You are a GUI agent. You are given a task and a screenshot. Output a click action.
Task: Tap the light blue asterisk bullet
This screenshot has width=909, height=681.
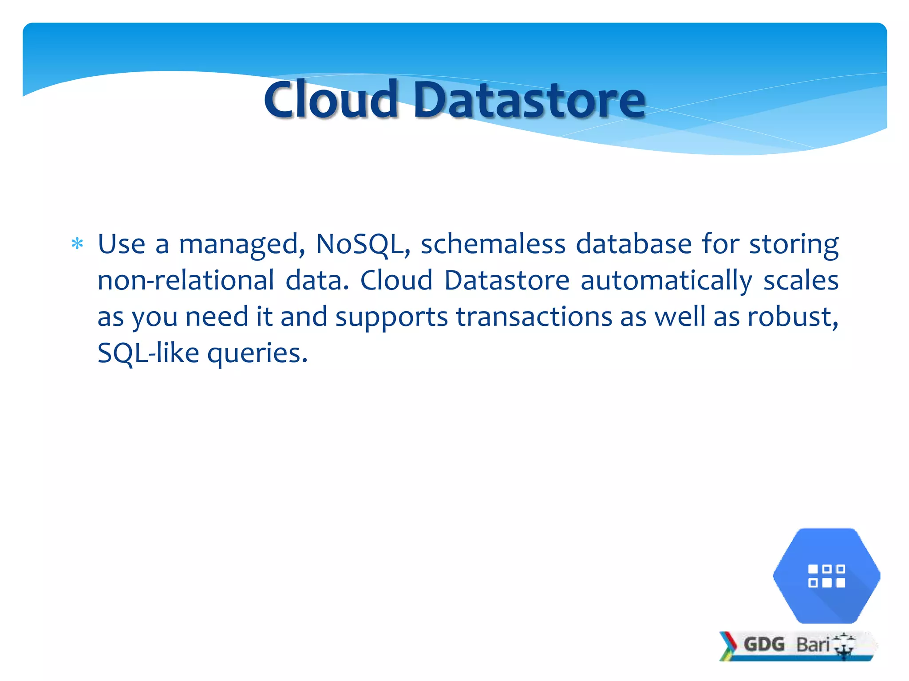coord(77,244)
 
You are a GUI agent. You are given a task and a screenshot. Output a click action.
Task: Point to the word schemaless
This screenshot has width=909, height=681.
coord(493,244)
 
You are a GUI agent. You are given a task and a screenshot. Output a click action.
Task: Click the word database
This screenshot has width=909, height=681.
coord(633,244)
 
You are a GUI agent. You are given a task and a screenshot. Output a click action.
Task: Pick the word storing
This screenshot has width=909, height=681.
coord(794,245)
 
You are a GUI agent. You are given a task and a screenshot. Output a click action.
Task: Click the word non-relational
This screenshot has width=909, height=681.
coord(186,281)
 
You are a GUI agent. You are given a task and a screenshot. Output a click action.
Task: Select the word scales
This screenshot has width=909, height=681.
coord(801,281)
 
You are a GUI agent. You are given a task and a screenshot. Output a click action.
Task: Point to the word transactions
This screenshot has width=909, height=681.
coord(534,317)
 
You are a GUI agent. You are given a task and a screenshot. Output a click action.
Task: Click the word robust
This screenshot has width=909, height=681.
coord(792,317)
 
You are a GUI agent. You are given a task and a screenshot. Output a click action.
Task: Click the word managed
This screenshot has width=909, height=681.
coord(241,245)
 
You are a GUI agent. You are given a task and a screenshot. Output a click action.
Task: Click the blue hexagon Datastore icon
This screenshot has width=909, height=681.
coord(826,575)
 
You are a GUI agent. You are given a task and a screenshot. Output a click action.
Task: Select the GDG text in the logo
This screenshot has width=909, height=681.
coord(764,644)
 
